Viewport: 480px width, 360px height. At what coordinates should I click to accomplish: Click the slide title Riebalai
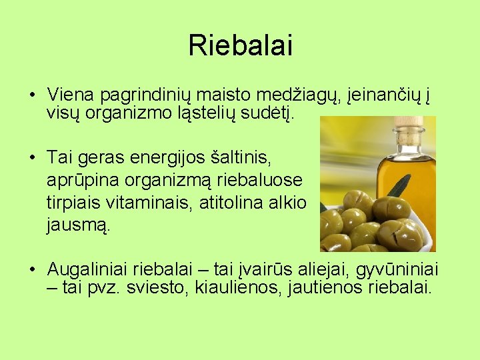pyautogui.click(x=240, y=45)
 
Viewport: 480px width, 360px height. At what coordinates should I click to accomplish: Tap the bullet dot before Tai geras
pyautogui.click(x=32, y=158)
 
